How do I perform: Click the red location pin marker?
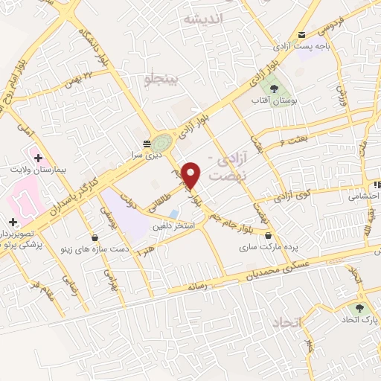point(192,174)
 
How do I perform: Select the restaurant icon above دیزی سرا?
point(146,142)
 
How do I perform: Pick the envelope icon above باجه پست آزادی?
point(301,34)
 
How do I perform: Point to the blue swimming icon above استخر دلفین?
point(173,214)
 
